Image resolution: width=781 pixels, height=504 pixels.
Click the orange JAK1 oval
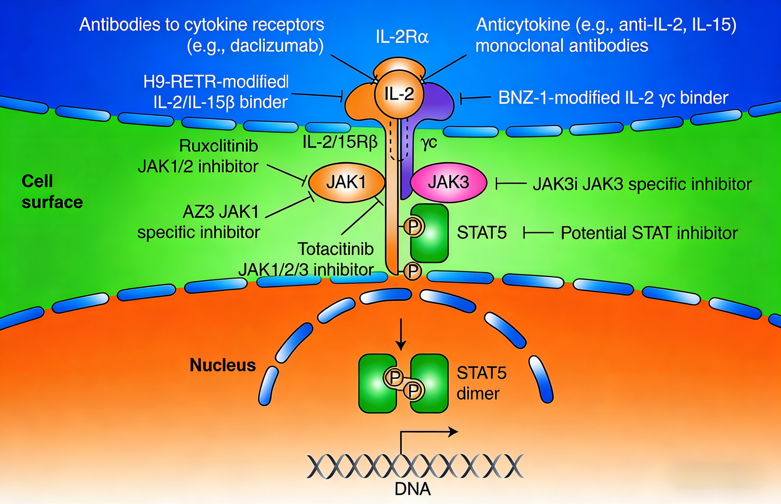(346, 183)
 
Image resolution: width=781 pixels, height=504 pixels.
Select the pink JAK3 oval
(448, 183)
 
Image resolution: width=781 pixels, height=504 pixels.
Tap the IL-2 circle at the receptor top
(399, 94)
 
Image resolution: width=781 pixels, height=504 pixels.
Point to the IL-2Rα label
(402, 37)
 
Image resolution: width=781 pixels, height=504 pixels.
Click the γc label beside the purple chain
(428, 143)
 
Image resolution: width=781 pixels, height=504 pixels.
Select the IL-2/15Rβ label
(340, 142)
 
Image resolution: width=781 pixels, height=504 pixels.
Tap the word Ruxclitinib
(218, 146)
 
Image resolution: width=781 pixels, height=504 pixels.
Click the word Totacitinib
(335, 249)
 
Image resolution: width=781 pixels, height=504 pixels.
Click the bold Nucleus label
(223, 365)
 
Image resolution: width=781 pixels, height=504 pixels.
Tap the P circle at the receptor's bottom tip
(413, 271)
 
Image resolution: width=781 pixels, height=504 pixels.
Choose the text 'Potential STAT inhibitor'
(649, 233)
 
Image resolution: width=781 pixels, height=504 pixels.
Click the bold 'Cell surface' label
(52, 192)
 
